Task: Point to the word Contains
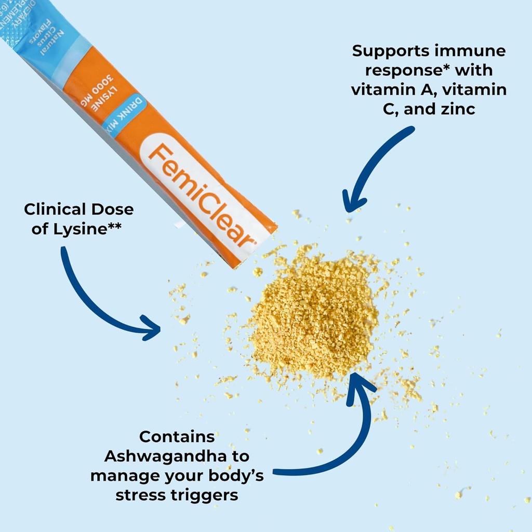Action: (x=177, y=437)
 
